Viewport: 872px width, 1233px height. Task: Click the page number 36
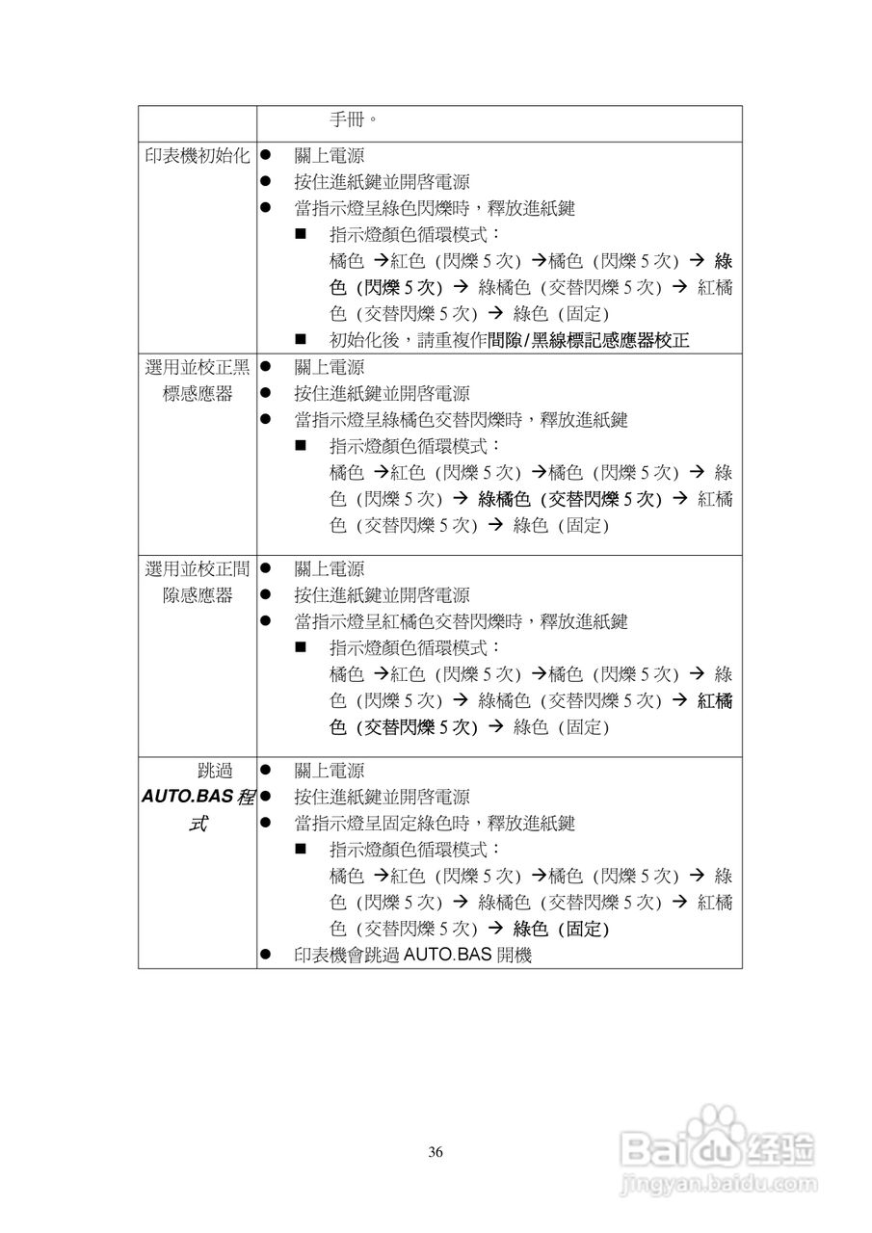tap(436, 1152)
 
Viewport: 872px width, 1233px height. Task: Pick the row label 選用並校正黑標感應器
tap(198, 380)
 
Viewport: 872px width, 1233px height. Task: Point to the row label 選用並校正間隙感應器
tap(198, 582)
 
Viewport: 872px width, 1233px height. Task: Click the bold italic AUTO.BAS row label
tap(198, 798)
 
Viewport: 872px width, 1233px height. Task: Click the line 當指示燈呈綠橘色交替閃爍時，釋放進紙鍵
tap(461, 420)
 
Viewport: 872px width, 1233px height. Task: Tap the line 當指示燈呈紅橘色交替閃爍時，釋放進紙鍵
tap(461, 621)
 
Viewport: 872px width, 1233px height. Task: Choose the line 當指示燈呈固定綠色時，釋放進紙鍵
tap(435, 824)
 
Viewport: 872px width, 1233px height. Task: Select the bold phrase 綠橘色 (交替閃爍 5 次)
tap(568, 499)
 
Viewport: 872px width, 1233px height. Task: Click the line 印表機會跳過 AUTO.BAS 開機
tap(412, 956)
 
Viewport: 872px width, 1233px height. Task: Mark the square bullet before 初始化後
tap(301, 340)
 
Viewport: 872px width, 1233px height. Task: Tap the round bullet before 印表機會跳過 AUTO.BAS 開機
tap(265, 956)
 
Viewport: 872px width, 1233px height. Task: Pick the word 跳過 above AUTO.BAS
tap(215, 771)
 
